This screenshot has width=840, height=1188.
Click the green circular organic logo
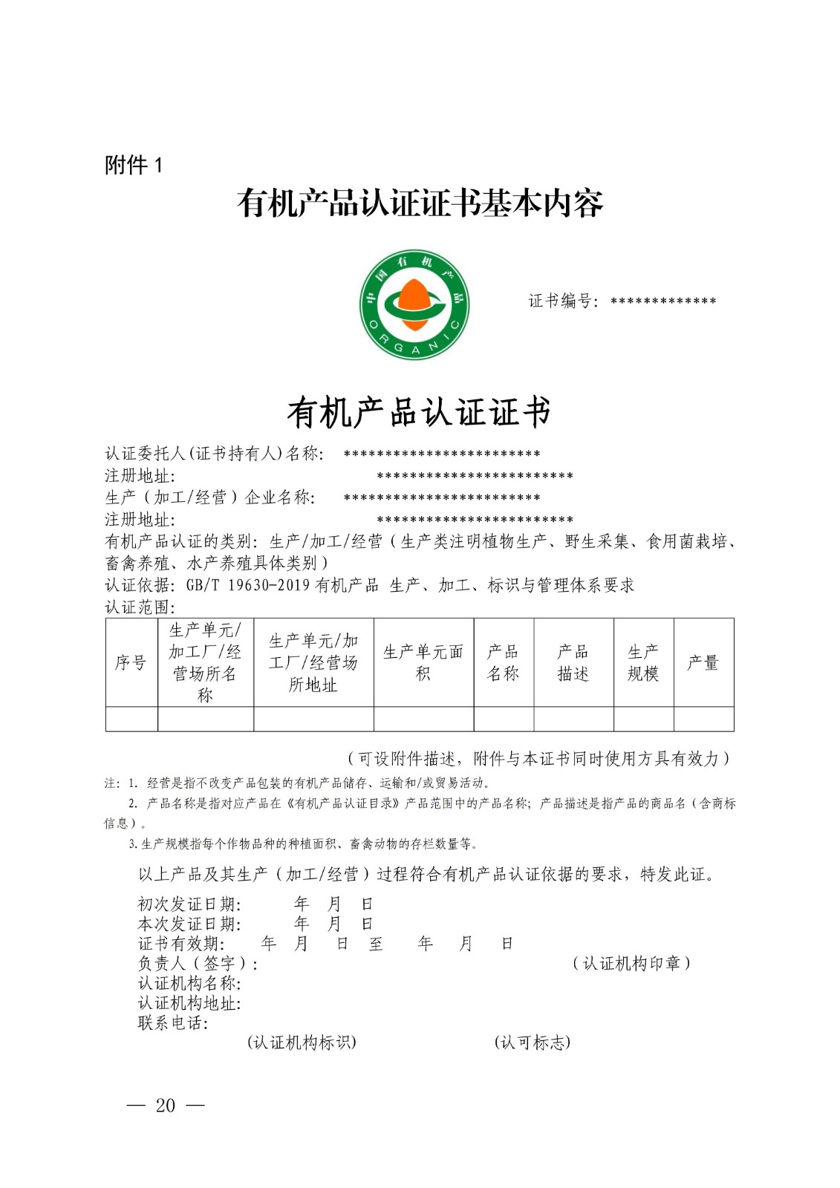click(x=414, y=304)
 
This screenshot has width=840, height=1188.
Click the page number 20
click(x=166, y=1106)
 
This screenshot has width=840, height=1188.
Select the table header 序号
click(x=131, y=662)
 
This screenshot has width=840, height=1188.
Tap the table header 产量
click(x=703, y=662)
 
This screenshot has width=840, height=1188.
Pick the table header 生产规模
click(x=643, y=662)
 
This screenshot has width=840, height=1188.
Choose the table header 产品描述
click(x=573, y=662)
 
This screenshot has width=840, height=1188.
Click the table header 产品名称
click(x=503, y=662)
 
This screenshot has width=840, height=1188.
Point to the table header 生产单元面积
click(x=423, y=662)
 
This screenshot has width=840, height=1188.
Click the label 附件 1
click(x=134, y=165)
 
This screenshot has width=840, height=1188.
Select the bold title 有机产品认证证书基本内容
click(x=420, y=203)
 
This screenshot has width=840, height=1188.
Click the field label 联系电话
click(x=173, y=1023)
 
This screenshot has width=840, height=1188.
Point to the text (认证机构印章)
click(x=631, y=964)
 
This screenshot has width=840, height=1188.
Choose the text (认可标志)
click(x=533, y=1042)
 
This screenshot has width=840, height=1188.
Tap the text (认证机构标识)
click(x=302, y=1042)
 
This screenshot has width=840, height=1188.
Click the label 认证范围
click(x=140, y=607)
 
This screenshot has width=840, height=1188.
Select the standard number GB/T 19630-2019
click(x=247, y=585)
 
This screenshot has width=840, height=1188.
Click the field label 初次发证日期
click(x=189, y=904)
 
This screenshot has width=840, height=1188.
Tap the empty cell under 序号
click(x=131, y=719)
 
